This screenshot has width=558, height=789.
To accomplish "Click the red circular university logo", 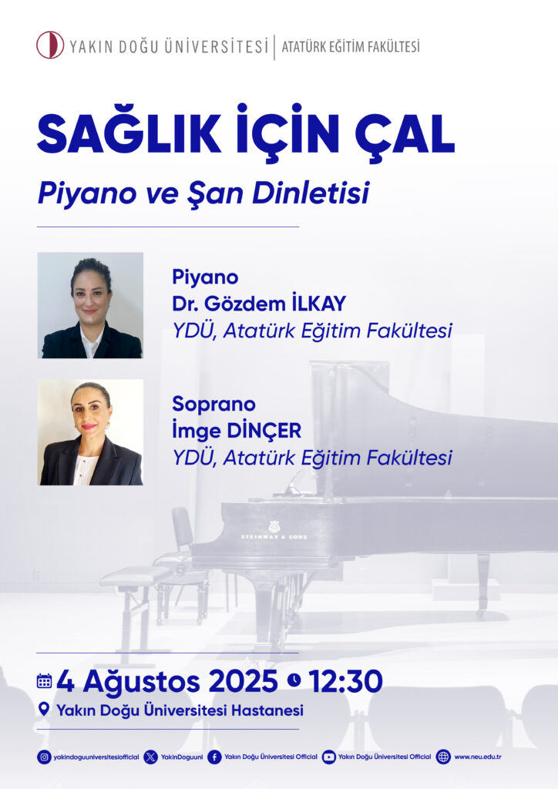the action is (50, 45).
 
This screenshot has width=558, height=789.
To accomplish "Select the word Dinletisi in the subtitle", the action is (311, 193).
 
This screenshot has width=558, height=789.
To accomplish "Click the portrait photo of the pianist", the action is (91, 305).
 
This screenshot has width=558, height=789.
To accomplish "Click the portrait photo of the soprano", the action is (91, 432).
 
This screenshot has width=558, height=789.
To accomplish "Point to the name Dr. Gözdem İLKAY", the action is (259, 304).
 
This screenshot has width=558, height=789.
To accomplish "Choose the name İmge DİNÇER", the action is (237, 431).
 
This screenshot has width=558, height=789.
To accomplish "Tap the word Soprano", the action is (213, 404).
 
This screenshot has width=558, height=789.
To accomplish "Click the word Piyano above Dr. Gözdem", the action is (205, 277).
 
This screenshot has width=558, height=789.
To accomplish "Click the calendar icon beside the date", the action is (44, 681).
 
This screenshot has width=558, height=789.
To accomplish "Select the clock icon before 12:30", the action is (294, 680).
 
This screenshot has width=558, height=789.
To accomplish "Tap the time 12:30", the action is (346, 681).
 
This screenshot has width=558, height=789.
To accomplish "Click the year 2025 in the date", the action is (243, 681).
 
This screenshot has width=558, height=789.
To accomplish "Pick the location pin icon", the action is (44, 710).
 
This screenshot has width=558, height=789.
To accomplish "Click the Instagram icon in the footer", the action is (44, 757).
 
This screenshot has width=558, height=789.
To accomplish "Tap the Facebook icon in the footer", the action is (214, 757).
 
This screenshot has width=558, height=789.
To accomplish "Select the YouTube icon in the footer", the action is (328, 757).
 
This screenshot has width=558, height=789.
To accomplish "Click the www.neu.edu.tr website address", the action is (478, 757).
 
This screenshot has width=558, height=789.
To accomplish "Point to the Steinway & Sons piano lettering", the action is (274, 537).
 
